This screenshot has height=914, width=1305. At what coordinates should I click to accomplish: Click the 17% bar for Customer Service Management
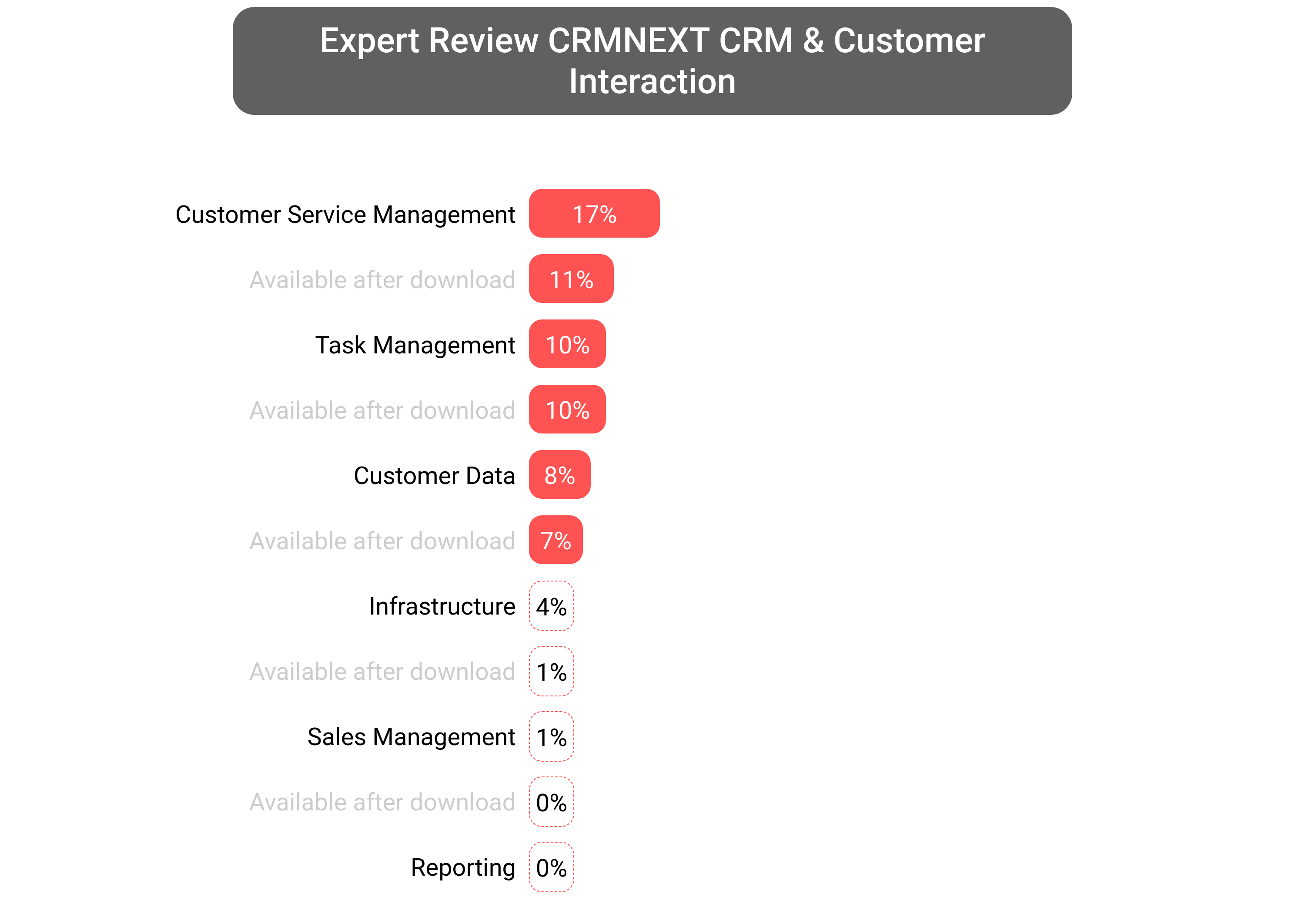[594, 213]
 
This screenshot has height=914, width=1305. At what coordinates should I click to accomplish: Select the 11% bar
[571, 279]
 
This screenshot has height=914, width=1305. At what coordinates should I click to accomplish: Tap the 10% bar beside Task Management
[567, 344]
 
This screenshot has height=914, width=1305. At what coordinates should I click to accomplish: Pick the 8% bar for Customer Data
[559, 474]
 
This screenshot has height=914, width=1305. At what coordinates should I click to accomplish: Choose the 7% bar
[555, 540]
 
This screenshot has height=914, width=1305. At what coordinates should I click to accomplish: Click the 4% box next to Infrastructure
[551, 606]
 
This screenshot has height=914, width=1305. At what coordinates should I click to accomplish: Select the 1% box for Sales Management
[551, 736]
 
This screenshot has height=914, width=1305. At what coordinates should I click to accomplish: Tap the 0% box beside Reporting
[551, 867]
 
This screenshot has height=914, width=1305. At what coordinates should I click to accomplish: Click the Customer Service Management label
[345, 215]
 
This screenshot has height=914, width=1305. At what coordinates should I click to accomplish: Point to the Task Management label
[415, 345]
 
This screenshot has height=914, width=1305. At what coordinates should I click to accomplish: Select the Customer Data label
[434, 475]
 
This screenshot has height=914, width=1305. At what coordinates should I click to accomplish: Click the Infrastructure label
[442, 606]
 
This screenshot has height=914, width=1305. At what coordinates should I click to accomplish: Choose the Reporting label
[463, 867]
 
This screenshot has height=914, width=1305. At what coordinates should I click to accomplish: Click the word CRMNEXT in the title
[629, 41]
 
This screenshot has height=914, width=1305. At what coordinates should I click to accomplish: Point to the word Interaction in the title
[652, 81]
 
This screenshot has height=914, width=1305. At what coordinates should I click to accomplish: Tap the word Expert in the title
[369, 41]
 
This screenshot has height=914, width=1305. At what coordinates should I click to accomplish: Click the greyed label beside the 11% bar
[382, 280]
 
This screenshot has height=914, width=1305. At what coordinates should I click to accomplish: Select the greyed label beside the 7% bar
[382, 541]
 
